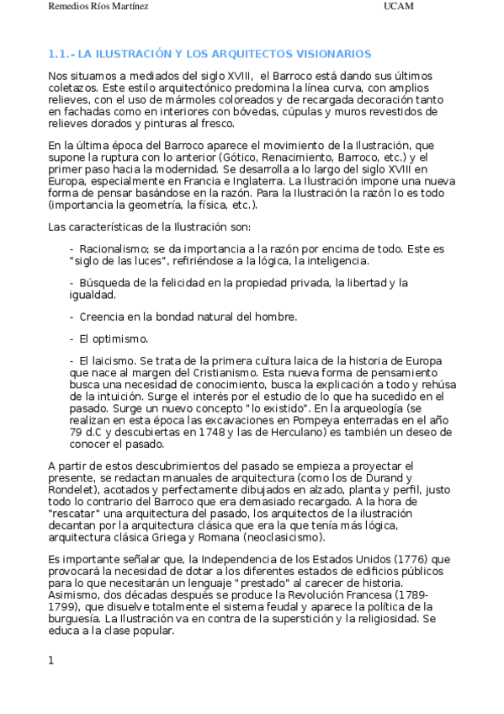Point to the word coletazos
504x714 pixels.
[72, 88]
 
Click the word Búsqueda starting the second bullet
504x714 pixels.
[105, 284]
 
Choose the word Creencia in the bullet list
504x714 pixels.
[106, 317]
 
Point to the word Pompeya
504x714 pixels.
[317, 418]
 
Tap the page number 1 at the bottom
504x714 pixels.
[51, 660]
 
